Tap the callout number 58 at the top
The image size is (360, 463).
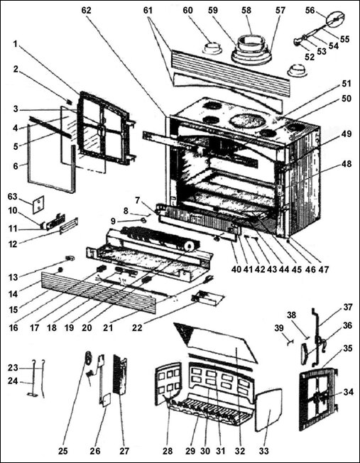[247, 11]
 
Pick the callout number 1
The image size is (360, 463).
[15, 43]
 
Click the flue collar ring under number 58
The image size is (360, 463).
[248, 48]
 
